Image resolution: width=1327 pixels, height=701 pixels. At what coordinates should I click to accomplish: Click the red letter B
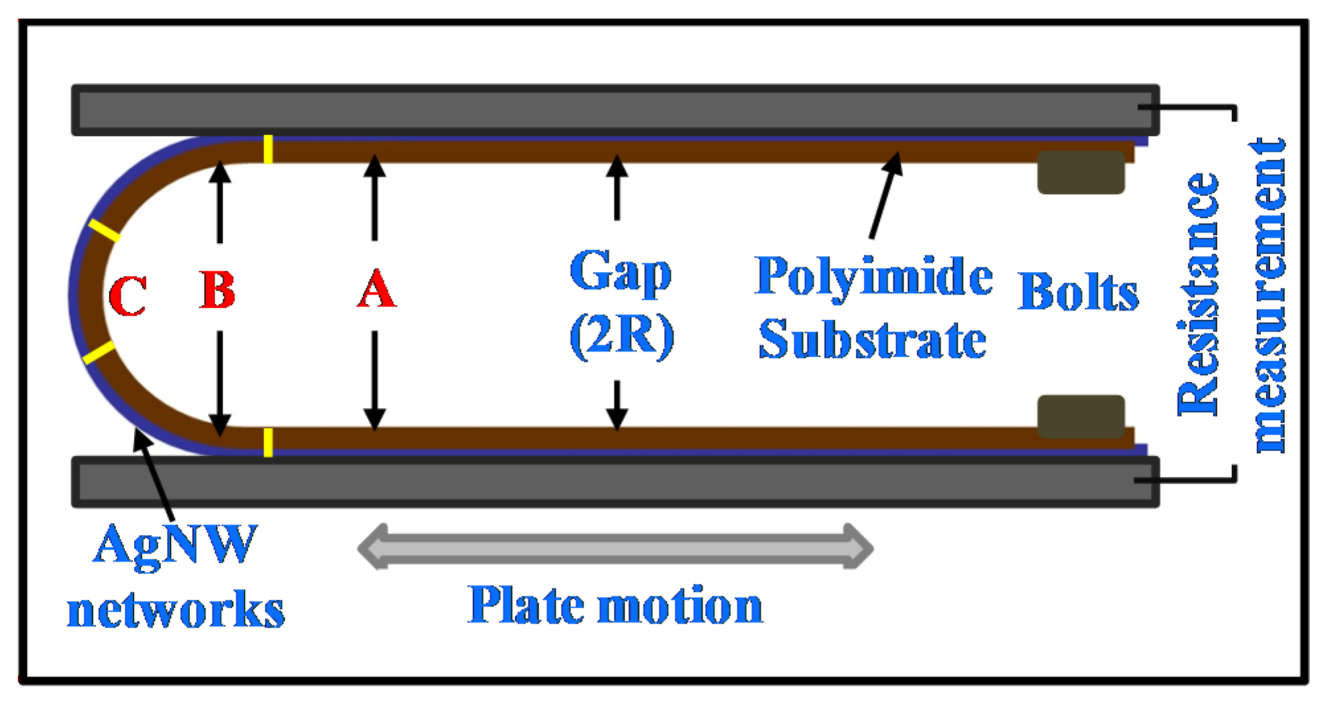(217, 290)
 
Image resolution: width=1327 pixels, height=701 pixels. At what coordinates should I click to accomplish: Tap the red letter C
(128, 296)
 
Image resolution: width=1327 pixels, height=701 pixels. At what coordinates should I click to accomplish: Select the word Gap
(620, 271)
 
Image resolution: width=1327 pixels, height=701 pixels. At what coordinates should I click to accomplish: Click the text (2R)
(621, 336)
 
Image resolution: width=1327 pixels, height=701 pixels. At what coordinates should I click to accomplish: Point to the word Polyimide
(873, 276)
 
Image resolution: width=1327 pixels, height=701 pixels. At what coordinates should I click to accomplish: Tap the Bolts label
(1078, 291)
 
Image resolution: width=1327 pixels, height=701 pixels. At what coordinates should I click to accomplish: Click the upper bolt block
(1081, 172)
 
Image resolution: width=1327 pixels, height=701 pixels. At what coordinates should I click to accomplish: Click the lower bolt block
(1081, 416)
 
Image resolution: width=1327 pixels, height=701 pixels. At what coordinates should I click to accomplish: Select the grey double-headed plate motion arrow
(615, 547)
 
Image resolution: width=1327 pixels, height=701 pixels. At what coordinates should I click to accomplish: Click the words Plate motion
(615, 605)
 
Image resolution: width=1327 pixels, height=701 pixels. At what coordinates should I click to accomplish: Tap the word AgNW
(174, 544)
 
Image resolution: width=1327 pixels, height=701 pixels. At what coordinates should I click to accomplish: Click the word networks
(176, 609)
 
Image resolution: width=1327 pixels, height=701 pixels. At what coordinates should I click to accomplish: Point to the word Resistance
(1198, 294)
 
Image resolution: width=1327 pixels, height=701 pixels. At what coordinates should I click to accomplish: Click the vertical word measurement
(1269, 295)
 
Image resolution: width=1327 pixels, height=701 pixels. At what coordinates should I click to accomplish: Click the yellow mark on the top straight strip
(268, 149)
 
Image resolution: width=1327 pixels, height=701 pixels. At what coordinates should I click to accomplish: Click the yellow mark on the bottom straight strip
(268, 442)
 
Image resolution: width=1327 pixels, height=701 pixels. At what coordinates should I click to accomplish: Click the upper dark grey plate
(615, 110)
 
